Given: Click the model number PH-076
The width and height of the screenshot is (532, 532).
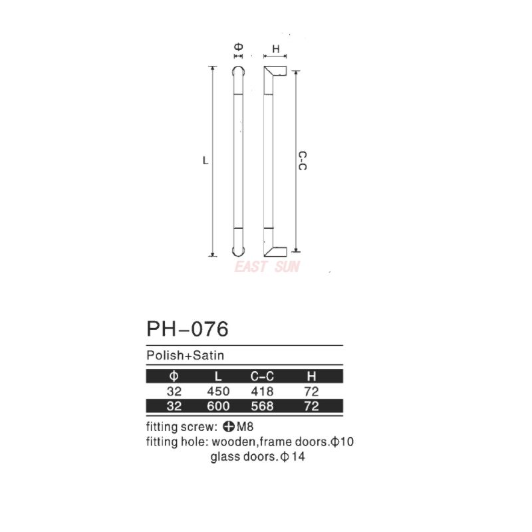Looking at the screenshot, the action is coord(188,329).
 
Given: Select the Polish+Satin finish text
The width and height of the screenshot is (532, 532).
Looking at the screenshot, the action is coord(186,355).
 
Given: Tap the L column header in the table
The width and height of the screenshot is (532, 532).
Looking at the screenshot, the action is coord(218,376).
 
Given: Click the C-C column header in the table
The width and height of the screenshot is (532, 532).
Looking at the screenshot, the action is coord(262,376).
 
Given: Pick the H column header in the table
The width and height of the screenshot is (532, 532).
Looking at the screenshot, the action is coord(311,376).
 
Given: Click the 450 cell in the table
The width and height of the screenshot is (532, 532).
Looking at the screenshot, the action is coord(218,392).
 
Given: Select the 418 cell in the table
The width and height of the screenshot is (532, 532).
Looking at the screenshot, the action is coord(262,392).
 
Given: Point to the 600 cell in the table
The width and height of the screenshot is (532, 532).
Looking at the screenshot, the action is coord(218,406).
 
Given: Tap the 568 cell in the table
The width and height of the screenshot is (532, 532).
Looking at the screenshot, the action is coord(262,406).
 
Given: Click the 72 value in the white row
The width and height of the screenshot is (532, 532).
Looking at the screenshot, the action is coord(311,392).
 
